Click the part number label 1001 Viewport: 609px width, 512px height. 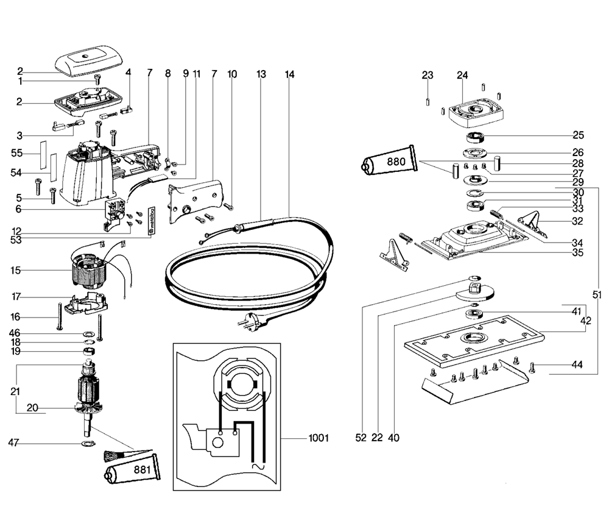coord(319,438)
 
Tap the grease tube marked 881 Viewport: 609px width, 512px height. coord(132,469)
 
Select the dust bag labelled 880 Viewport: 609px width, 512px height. coord(390,160)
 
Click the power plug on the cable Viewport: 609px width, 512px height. coord(252,321)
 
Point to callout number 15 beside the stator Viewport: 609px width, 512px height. coord(16,270)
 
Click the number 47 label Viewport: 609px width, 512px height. coord(13,443)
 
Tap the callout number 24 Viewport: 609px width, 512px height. coord(462,75)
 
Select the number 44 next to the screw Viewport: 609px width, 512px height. coord(577,364)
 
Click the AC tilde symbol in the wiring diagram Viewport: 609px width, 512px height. coord(258,466)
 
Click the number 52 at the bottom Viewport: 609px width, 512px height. coord(361,438)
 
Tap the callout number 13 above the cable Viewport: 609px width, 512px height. coord(261,74)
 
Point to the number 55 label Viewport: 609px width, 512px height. coord(16,153)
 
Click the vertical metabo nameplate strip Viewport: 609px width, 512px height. coord(152,221)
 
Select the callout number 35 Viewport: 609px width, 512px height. coord(577,253)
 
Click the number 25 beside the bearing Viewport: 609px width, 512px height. coord(579,135)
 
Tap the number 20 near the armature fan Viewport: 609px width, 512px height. coord(32,408)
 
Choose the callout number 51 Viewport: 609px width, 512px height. coord(597,295)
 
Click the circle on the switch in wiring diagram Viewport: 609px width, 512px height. coord(217,443)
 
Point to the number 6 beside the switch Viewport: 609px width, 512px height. coord(18,209)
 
